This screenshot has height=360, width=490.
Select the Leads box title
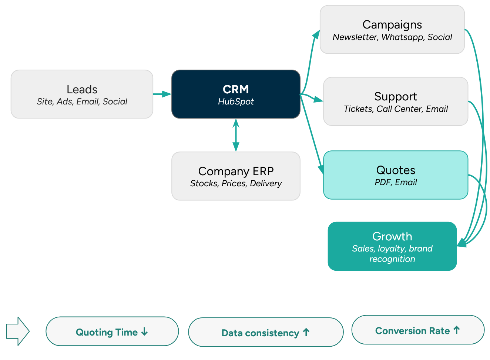[x=82, y=89]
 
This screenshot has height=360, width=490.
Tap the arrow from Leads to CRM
[x=162, y=94]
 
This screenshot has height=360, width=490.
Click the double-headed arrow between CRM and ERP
[x=236, y=135]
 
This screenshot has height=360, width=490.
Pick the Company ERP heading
[x=236, y=171]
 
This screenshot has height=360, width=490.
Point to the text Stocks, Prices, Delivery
[x=236, y=183]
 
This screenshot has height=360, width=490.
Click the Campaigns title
[x=392, y=24]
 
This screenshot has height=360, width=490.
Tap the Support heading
[x=395, y=96]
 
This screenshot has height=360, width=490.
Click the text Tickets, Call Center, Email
[x=395, y=109]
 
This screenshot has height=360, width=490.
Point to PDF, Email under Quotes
[x=395, y=182]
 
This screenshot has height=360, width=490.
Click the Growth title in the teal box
[x=392, y=236]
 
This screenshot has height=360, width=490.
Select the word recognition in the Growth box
[x=392, y=259]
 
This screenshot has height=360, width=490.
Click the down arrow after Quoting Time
[x=144, y=332]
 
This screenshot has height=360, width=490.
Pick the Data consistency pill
[x=265, y=333]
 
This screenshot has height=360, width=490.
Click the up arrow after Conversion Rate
[x=456, y=330]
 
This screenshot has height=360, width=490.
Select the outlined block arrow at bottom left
[x=17, y=331]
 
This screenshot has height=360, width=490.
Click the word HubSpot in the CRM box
[x=236, y=101]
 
